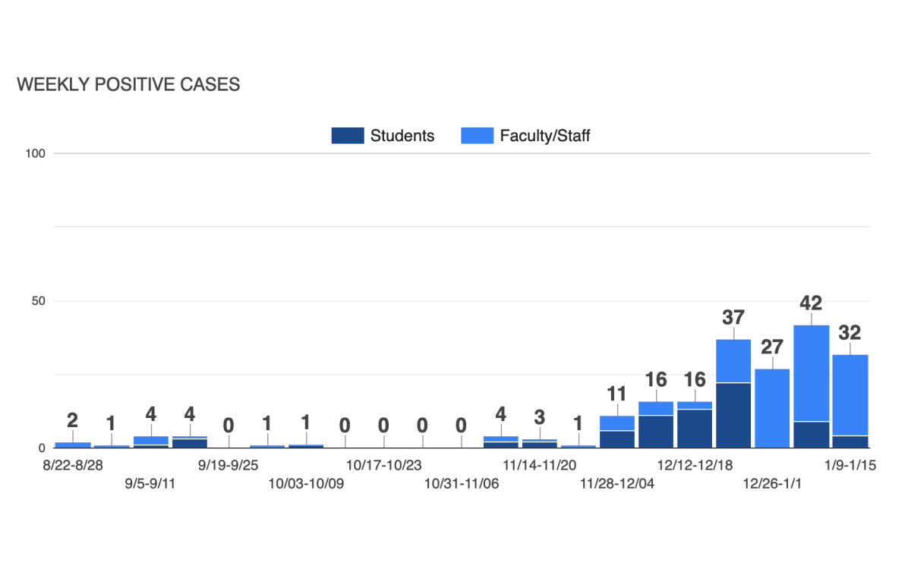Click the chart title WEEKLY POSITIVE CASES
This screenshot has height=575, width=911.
point(128,85)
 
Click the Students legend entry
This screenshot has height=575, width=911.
point(383,136)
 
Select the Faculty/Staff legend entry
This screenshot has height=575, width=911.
point(525,136)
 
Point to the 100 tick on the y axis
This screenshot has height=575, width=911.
point(36,153)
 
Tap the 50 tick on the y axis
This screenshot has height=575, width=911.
point(39,301)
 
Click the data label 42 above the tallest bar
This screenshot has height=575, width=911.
point(811,303)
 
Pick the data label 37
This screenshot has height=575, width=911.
point(733,317)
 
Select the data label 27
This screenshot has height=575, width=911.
point(772,347)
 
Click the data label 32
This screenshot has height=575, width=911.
point(850,332)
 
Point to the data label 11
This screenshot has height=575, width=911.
point(617,394)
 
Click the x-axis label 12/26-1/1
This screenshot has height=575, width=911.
point(772,483)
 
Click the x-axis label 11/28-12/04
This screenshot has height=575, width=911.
point(617,483)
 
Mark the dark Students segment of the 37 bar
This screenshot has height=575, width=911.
point(733,415)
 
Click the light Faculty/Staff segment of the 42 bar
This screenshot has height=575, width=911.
point(811,372)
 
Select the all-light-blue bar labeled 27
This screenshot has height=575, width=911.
point(772,408)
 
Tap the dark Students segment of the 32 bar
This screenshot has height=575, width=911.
point(850,441)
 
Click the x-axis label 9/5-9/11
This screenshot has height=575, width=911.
point(150,483)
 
